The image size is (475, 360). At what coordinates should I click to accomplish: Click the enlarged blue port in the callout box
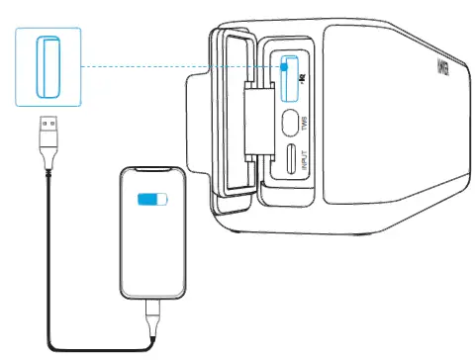pyautogui.click(x=47, y=66)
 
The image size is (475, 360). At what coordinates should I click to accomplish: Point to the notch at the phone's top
pyautogui.click(x=153, y=174)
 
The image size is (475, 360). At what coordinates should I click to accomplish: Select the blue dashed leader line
pyautogui.click(x=178, y=67)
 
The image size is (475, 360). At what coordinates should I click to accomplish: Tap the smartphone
pyautogui.click(x=154, y=233)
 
